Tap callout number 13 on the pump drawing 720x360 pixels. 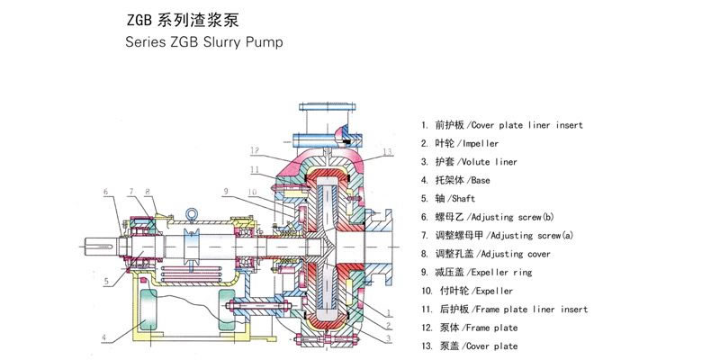(388, 152)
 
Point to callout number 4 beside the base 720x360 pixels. (104, 338)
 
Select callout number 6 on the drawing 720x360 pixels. (105, 192)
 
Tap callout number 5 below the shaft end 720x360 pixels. (105, 282)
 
